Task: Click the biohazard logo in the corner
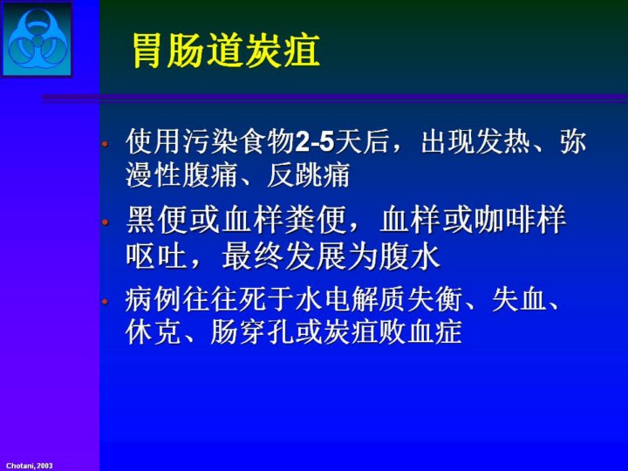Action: click(x=37, y=39)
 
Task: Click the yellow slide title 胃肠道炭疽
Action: click(x=226, y=51)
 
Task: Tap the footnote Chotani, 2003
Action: click(x=30, y=466)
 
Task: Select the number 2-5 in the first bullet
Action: click(x=314, y=142)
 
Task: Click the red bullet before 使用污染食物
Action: click(x=105, y=143)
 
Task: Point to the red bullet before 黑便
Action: click(x=105, y=222)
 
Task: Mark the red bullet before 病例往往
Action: click(x=105, y=301)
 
